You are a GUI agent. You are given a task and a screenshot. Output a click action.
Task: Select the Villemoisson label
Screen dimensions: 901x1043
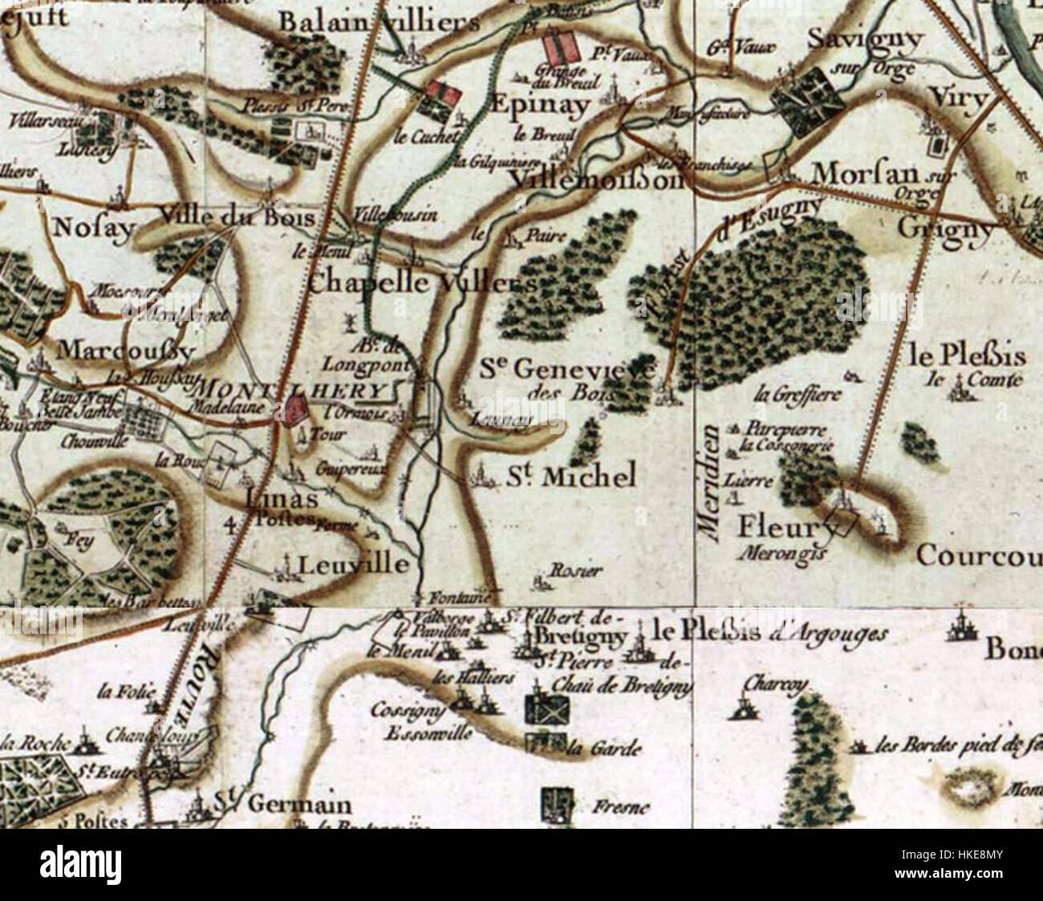pyautogui.click(x=598, y=180)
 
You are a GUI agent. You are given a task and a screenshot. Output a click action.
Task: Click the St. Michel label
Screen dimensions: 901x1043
pyautogui.click(x=571, y=477)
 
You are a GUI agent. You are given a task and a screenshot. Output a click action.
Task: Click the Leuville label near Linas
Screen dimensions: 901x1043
pyautogui.click(x=353, y=565)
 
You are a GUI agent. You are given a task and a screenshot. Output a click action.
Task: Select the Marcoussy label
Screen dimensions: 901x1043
pyautogui.click(x=126, y=351)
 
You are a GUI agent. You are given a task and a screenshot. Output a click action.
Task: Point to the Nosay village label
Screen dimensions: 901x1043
pyautogui.click(x=93, y=228)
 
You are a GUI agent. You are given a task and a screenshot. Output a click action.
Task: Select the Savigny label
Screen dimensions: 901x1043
pyautogui.click(x=865, y=38)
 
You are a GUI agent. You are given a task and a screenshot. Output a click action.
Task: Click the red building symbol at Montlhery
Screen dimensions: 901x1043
pyautogui.click(x=294, y=411)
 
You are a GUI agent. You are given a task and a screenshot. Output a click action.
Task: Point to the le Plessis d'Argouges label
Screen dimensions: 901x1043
pyautogui.click(x=770, y=633)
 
